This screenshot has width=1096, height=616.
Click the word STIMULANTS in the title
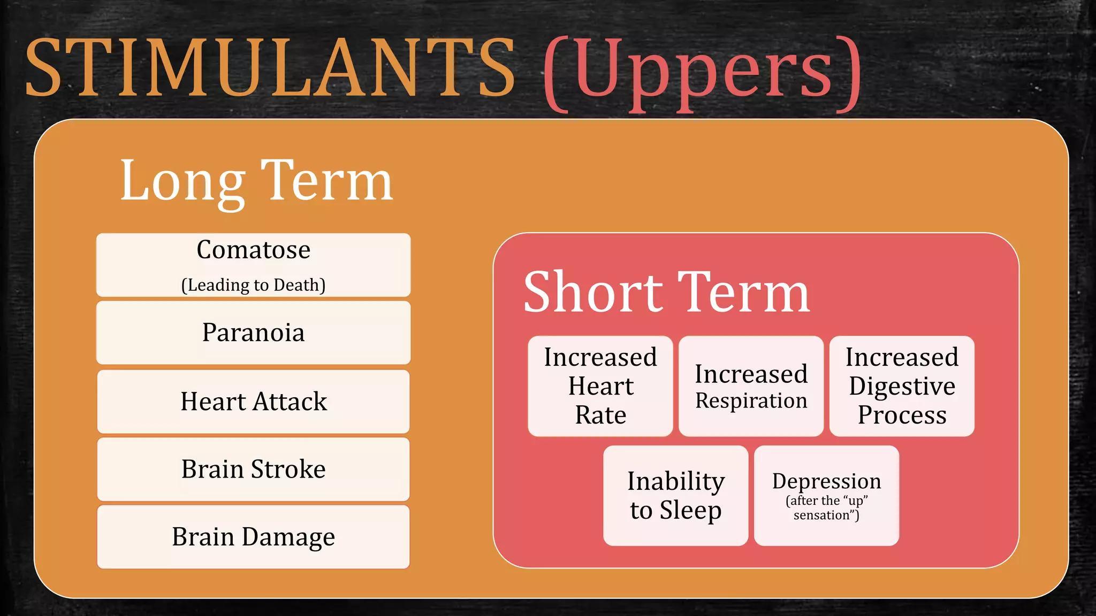pos(270,68)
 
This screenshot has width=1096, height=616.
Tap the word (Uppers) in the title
pos(702,72)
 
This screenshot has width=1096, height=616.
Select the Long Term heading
pos(256,182)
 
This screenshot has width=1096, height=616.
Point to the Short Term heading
pos(666,292)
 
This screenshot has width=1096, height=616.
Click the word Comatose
pos(253,250)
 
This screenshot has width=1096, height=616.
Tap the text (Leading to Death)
pos(253,285)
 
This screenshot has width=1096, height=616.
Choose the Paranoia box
pos(253,333)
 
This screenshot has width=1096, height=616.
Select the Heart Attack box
pos(253,402)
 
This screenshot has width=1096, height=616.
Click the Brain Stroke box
pos(253,469)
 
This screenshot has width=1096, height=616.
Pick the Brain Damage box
pos(253,537)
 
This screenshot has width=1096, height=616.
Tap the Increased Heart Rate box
pos(600,386)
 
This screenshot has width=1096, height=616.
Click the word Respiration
pos(751,401)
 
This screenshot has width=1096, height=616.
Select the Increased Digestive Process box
pos(902,386)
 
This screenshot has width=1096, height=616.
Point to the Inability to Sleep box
pos(675,496)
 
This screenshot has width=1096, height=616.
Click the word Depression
pos(826,481)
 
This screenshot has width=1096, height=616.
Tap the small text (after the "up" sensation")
pos(826,508)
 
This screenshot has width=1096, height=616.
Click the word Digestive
pos(902,387)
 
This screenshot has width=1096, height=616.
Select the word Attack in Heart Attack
pos(290,402)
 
